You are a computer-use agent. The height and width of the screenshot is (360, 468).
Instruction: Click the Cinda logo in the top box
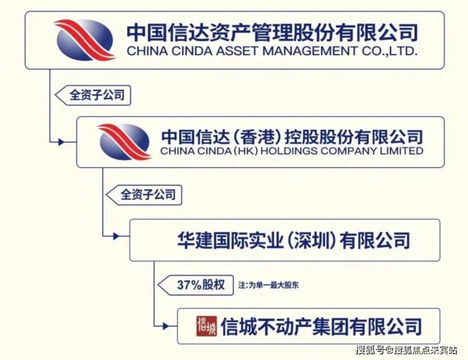click(85, 40)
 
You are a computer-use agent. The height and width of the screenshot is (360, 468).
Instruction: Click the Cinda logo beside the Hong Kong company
click(125, 142)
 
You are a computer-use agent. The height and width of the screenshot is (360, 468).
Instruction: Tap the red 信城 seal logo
click(207, 326)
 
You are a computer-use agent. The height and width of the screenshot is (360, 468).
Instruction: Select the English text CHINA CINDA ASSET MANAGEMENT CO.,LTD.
click(272, 51)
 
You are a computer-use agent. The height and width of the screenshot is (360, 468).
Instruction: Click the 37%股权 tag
click(196, 285)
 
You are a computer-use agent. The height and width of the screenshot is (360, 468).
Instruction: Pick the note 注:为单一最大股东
click(268, 285)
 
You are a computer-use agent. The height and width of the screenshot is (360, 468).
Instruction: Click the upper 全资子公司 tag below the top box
click(93, 96)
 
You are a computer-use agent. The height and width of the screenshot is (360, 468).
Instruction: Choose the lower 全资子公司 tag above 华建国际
click(144, 195)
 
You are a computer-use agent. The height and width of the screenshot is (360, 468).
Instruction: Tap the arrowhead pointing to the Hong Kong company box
click(61, 142)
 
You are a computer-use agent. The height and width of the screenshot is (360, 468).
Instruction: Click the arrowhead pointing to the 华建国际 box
click(116, 237)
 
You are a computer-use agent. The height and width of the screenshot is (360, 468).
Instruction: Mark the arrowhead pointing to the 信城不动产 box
click(166, 326)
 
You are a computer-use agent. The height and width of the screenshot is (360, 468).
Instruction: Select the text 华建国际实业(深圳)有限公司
click(293, 240)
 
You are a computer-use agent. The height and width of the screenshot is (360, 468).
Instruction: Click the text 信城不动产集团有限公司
click(321, 326)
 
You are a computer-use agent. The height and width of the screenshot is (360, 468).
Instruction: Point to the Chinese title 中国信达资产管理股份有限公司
click(272, 32)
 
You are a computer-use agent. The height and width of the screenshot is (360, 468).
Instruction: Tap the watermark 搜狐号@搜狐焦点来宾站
click(406, 349)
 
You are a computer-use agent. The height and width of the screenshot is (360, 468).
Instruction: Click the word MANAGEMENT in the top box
click(310, 51)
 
